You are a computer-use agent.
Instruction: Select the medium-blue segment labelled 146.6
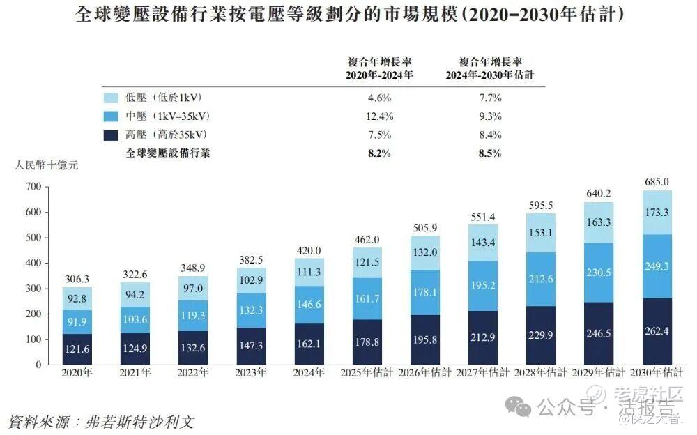coord(308,304)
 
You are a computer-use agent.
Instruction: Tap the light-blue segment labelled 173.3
coord(657,212)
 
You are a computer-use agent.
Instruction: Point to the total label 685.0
coord(657,182)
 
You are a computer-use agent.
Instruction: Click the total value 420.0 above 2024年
coord(308,251)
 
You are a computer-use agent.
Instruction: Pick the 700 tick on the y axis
coord(33,187)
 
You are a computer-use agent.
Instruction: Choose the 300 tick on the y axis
coord(33,289)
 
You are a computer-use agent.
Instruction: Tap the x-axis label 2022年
coord(192,374)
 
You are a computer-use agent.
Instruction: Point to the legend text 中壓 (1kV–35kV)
coord(168,116)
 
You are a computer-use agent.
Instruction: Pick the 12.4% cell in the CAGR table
coord(379,116)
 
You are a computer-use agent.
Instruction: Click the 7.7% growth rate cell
coord(489,98)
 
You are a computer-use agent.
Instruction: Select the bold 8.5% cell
coord(489,153)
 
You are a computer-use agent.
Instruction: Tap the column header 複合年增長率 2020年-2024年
coord(379,68)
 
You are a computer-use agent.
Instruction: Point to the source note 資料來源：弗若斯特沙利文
coord(100,422)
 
